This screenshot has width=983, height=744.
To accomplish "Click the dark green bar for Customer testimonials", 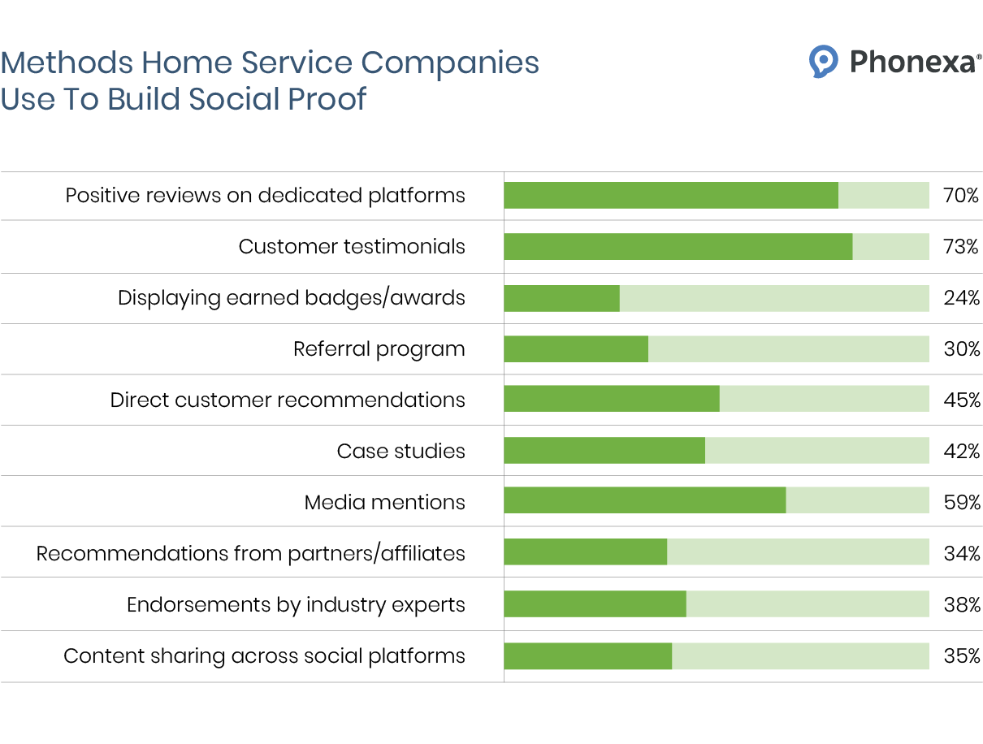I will pos(678,246).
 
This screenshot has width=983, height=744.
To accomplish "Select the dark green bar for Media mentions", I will pos(644,500).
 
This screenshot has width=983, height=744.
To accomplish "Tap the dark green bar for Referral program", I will pos(576,348).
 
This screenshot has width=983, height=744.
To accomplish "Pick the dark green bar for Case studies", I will pos(604,450).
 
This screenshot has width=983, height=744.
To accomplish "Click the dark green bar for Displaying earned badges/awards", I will pos(561,297).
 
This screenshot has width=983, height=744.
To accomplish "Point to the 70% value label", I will pos(961,195).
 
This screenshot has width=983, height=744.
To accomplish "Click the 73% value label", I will pos(961,246).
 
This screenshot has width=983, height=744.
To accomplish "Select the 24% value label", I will pos(961,297).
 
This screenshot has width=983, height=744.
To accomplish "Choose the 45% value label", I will pos(961,400).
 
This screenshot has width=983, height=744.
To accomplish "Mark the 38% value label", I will pos(961,604).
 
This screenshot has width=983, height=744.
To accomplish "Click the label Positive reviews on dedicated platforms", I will pos(265,196).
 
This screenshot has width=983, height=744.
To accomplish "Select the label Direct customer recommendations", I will pos(288,400).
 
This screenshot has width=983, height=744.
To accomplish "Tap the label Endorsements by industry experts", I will pos(296,605).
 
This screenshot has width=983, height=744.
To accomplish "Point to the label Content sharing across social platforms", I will pos(264,656).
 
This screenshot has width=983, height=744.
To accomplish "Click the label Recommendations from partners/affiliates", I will pos(251,553).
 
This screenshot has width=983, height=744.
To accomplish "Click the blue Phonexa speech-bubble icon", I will pos(823,61).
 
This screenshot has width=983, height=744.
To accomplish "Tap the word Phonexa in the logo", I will pos(912,62).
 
